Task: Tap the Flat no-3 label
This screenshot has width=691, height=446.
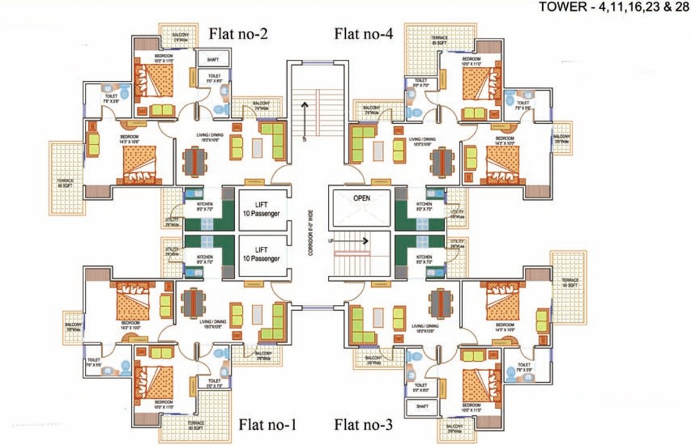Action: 363,425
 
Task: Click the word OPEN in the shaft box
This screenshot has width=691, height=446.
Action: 361,198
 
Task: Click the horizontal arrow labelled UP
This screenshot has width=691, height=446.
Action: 356,240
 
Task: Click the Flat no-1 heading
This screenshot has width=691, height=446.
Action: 268,425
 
